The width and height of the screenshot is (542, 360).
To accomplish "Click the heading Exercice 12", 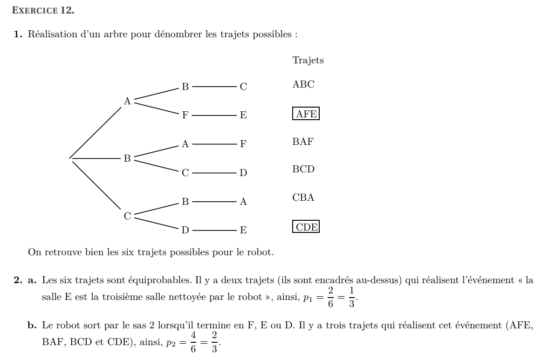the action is [x=43, y=10].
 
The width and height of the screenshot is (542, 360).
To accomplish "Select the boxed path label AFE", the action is [x=306, y=114].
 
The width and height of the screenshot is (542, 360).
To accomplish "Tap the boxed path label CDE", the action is [x=306, y=227].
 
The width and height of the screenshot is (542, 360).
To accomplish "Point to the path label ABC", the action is [x=303, y=84].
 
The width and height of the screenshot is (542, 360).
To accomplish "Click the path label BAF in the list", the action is [x=303, y=142].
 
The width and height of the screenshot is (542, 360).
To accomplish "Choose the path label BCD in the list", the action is [x=303, y=169].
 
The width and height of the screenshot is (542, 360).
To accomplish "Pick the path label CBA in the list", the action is [x=303, y=197].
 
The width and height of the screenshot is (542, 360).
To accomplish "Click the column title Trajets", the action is [x=308, y=60].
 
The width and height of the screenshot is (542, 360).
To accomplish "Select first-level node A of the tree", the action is [x=127, y=101].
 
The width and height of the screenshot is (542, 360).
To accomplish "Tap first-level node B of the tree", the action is [x=127, y=159].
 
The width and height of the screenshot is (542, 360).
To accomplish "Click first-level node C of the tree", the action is [x=127, y=216].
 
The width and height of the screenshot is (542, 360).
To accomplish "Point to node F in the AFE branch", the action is [x=185, y=115].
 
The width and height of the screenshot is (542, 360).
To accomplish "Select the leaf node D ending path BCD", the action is [x=243, y=173].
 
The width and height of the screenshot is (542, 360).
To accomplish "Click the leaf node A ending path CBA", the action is [x=243, y=202].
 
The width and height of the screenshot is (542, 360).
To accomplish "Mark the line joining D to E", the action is [x=214, y=230].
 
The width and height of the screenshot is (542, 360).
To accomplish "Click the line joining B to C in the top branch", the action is [x=214, y=86].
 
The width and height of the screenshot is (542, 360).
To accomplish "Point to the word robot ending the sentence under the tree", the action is [x=259, y=252].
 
